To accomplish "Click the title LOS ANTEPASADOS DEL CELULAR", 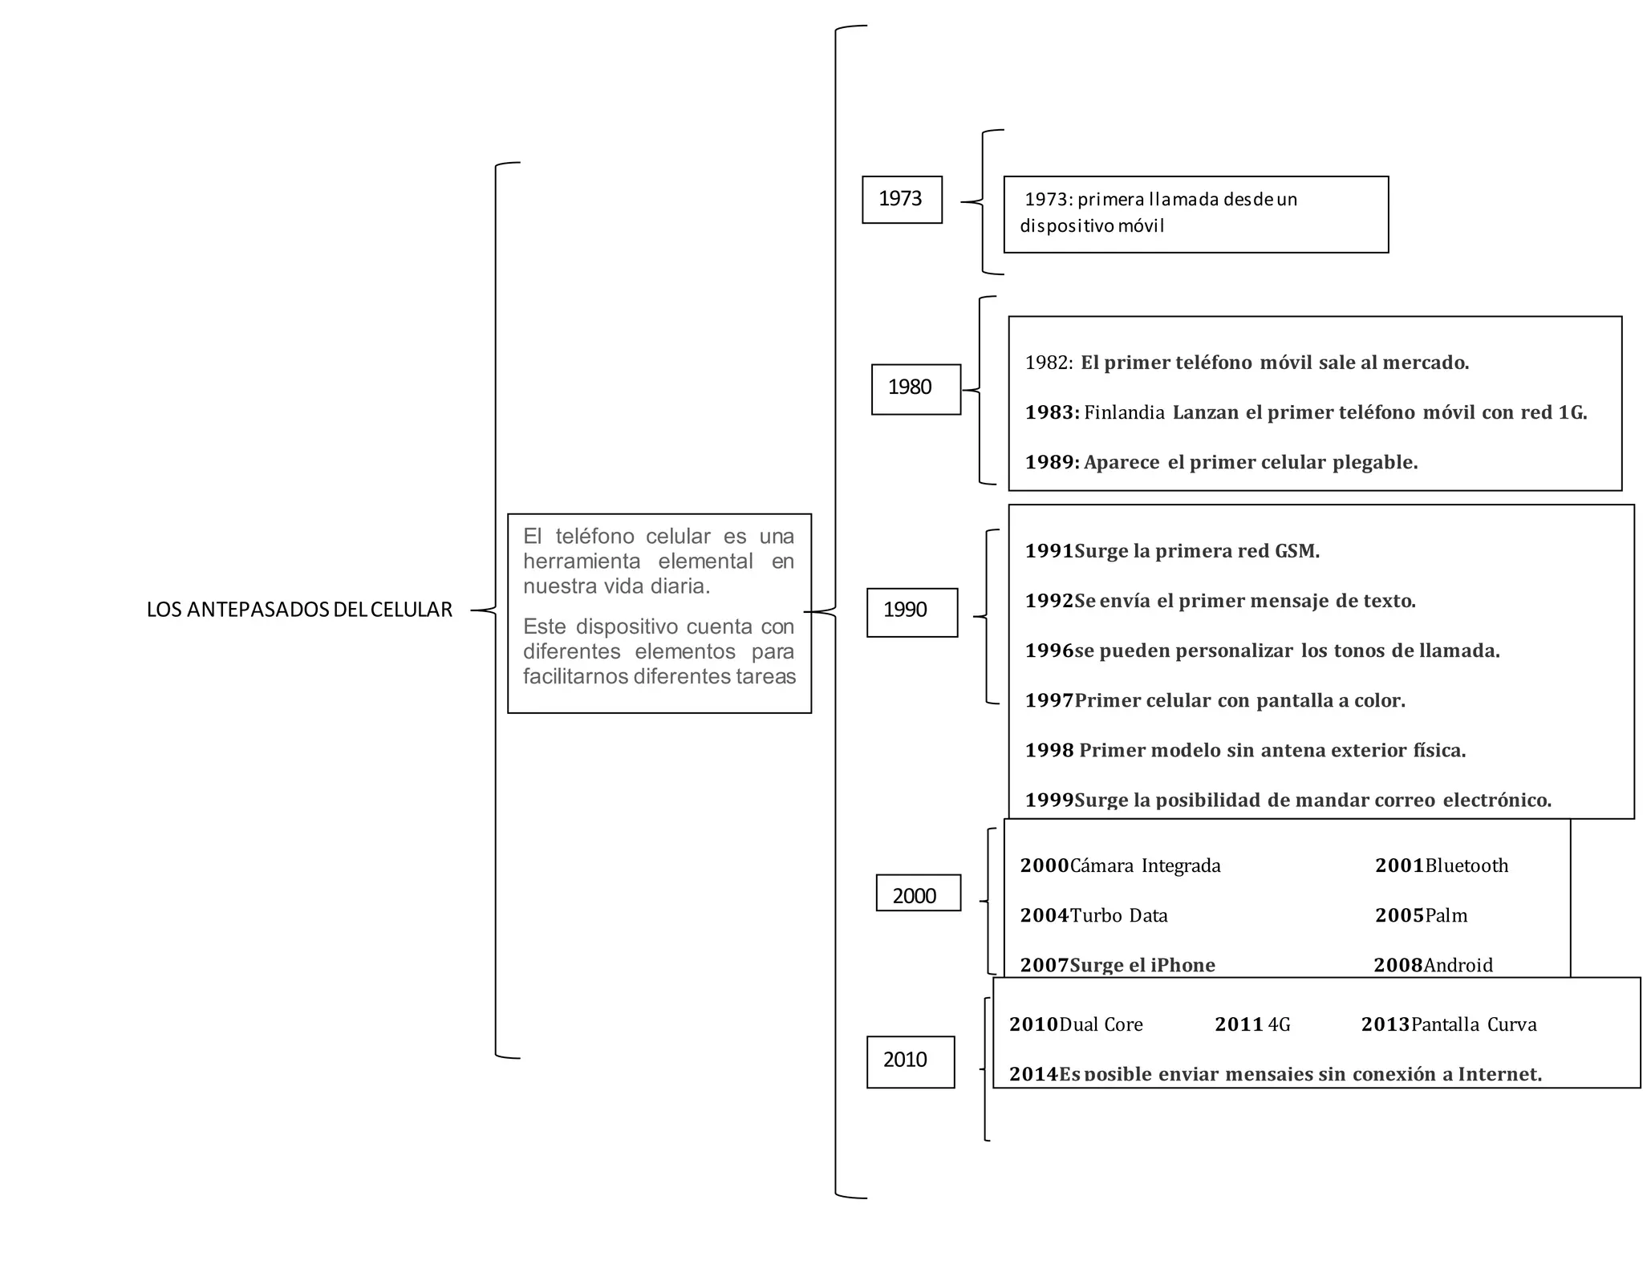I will click(x=299, y=610).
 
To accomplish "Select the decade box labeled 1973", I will click(x=901, y=199).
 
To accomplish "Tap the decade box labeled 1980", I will click(x=915, y=389).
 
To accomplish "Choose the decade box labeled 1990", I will click(x=911, y=611).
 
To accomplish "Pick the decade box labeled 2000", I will click(x=917, y=894).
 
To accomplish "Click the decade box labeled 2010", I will click(x=910, y=1060).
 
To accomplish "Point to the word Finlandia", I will click(x=1124, y=413).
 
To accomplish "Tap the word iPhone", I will click(x=1183, y=965).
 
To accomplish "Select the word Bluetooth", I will click(x=1467, y=866).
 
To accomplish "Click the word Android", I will click(x=1458, y=965).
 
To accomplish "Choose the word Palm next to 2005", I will click(x=1446, y=916).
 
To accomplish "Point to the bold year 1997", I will click(x=1049, y=701).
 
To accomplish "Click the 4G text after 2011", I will click(x=1279, y=1025).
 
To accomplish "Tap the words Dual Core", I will click(x=1101, y=1025).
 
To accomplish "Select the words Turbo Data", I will click(x=1118, y=916).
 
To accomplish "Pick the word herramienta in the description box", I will click(x=582, y=562).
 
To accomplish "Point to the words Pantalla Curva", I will click(x=1474, y=1025).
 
